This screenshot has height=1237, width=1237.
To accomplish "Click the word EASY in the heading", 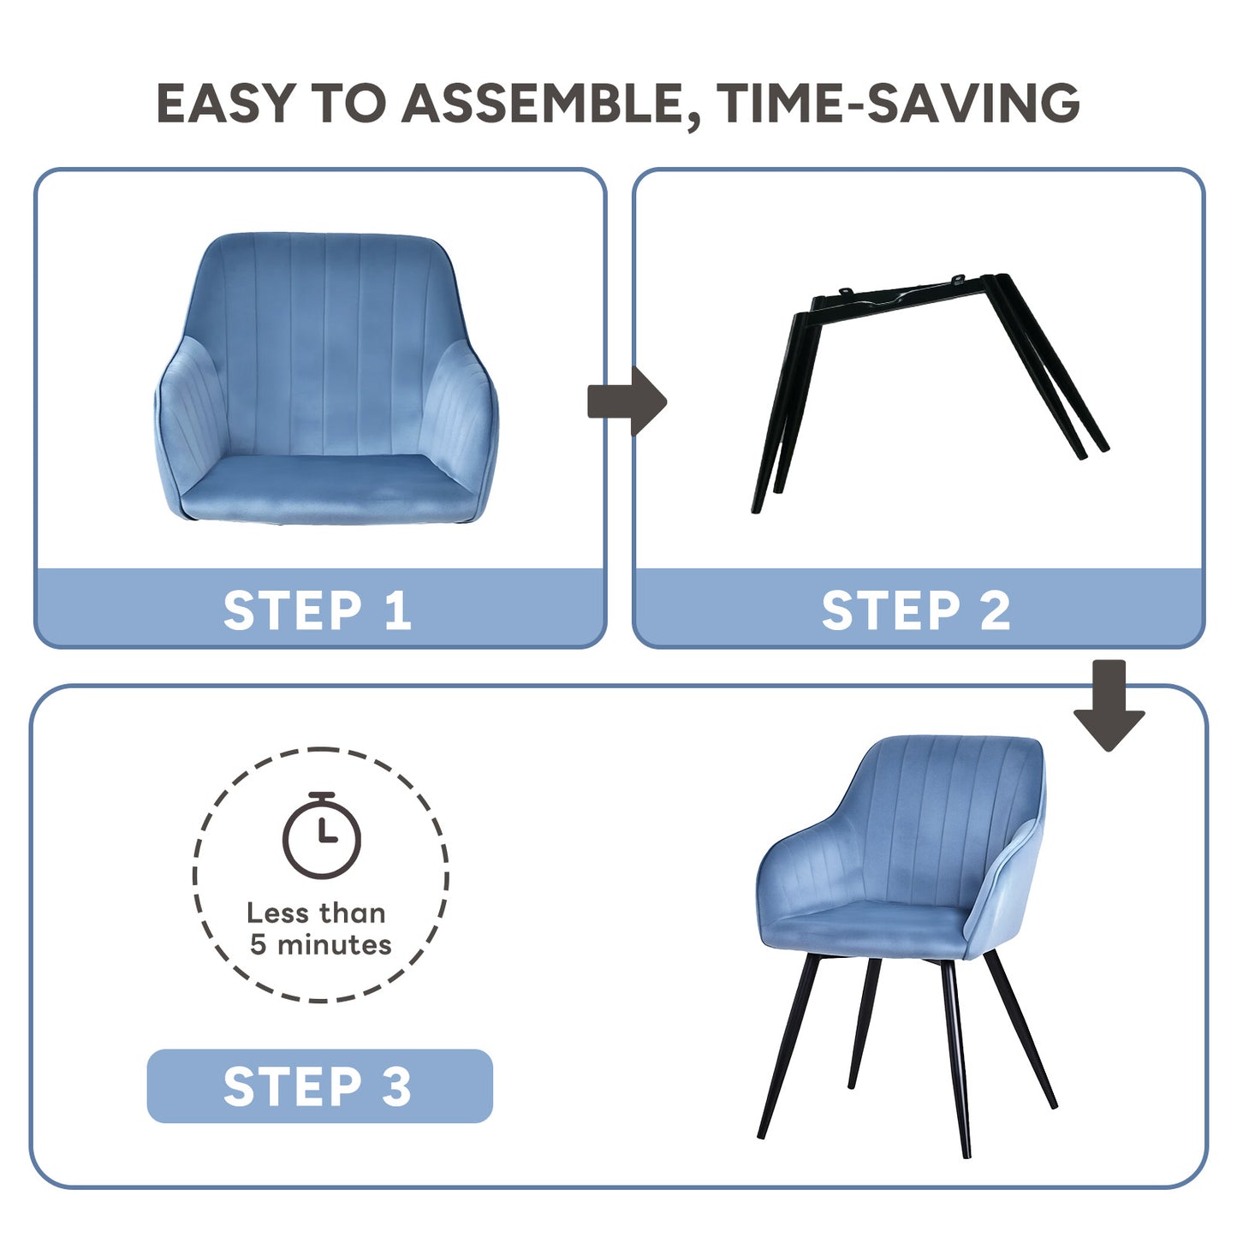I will pos(227,103).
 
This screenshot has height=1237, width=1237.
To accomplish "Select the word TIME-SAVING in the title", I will pos(899,103).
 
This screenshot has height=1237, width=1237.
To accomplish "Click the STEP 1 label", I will pos(318,610).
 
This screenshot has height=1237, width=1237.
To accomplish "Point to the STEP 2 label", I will pos(916,610).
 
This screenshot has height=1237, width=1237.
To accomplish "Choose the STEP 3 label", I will pos(318,1086).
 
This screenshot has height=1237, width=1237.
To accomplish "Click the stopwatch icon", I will pos(322,836).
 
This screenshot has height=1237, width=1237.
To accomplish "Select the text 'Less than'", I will pos(316,913).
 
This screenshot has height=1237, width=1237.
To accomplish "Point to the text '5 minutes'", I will pos(320,945).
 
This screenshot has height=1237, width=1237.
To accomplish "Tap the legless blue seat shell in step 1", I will pos(325,377).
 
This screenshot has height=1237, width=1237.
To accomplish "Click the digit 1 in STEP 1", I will pos(397,610).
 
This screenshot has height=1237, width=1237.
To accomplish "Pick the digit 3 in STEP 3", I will pos(395,1086).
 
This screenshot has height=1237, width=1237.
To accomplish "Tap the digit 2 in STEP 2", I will pos(995,610).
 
